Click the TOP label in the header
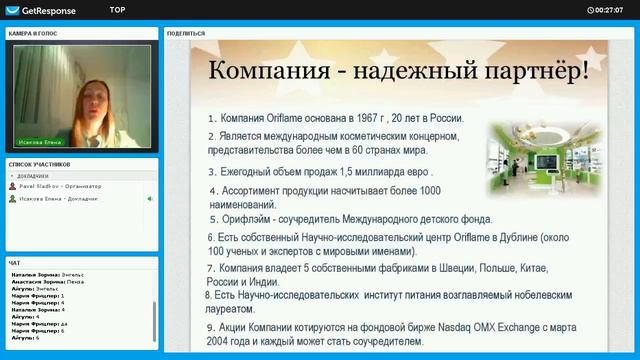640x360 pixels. (x=117, y=8)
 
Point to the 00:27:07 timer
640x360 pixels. (x=607, y=9)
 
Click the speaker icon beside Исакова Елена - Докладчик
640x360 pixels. (x=150, y=199)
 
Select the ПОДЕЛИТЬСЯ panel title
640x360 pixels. (x=187, y=33)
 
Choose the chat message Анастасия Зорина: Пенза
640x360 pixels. (x=49, y=282)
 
